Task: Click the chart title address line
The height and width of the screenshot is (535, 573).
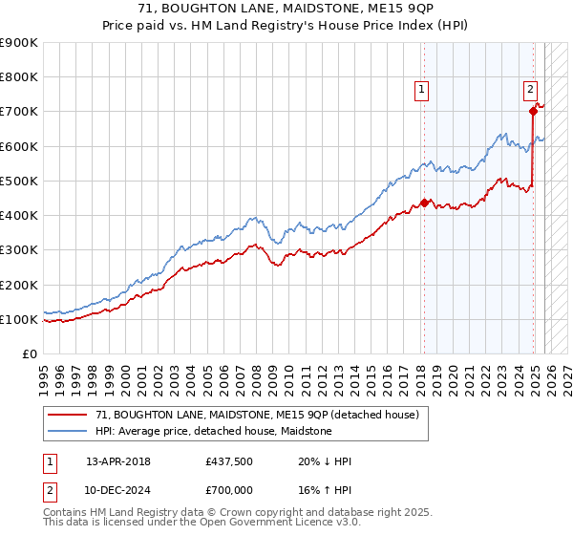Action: (x=286, y=10)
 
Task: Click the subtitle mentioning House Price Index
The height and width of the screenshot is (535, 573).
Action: (x=286, y=26)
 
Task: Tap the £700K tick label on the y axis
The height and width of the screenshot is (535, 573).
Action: (x=19, y=112)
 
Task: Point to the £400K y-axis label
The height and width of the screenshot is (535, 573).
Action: (x=19, y=216)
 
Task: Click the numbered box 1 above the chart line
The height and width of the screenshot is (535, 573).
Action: (x=421, y=91)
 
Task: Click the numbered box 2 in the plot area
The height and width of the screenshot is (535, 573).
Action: (x=530, y=91)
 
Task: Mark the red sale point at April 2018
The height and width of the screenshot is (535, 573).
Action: (x=424, y=203)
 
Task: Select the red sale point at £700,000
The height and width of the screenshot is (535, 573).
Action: (x=533, y=111)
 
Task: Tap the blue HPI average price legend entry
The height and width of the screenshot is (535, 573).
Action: (x=213, y=432)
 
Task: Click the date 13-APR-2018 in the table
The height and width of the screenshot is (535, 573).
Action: (x=118, y=461)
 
